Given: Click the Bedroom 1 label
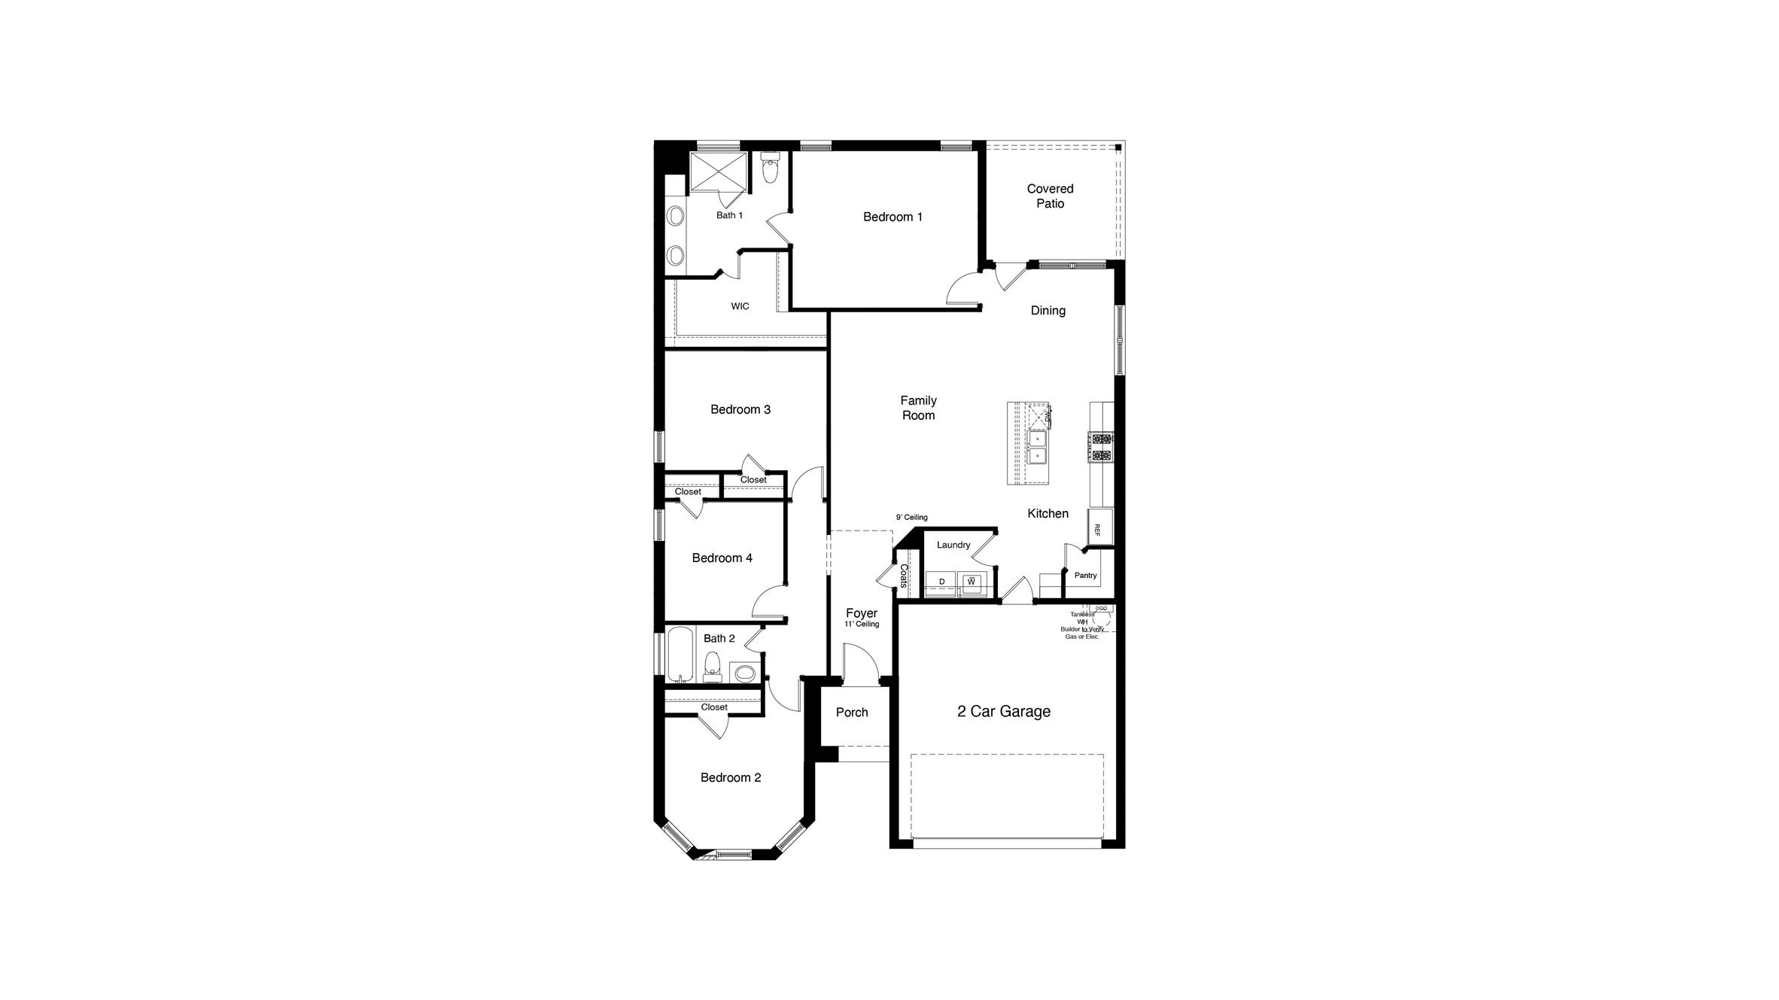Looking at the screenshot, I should (893, 217).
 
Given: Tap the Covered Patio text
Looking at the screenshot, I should (1050, 196).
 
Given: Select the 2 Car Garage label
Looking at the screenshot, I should (1003, 711).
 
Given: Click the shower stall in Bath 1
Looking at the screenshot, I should (719, 172).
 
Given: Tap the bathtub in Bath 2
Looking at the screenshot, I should (679, 655).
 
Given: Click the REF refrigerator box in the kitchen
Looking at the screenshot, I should (1098, 529).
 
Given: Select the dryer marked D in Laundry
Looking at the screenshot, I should (941, 582).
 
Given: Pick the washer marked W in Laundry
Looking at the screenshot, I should (972, 582).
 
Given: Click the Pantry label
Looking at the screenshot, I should (1085, 576).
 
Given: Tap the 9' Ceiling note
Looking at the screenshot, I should (911, 518).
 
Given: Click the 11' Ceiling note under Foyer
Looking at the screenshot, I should (862, 625).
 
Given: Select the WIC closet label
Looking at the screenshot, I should (740, 306).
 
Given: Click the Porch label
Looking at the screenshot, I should (852, 712).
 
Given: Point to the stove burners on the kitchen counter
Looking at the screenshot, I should (1100, 446).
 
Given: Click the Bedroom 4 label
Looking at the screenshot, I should (722, 558).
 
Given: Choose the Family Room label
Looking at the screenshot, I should (918, 408).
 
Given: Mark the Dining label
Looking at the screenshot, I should (1048, 310).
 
